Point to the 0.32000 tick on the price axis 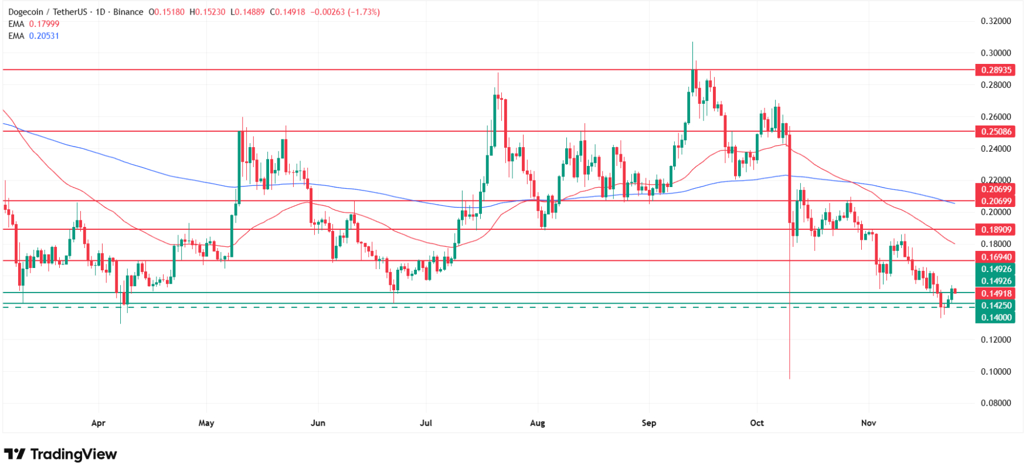coord(996,21)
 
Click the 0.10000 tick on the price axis coord(996,371)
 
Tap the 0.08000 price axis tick coord(996,403)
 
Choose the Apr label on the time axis coord(98,423)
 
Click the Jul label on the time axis coord(426,423)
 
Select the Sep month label coord(648,423)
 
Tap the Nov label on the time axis coord(868,423)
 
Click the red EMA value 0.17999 coord(44,24)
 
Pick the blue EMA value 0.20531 coord(44,36)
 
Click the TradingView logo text coord(73,454)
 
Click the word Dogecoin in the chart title coord(26,12)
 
